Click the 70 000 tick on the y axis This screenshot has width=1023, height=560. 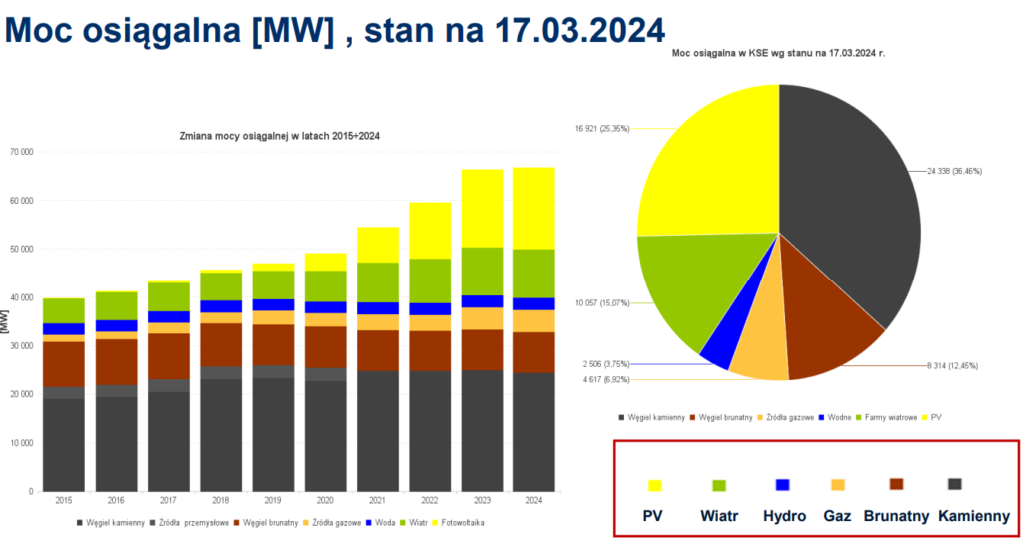pos(20,152)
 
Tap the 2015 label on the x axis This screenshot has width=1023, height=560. pos(63,501)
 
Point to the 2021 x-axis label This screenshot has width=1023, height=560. pos(377,501)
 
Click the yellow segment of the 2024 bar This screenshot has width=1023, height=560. pos(533,208)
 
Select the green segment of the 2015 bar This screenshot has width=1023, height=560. pos(63,310)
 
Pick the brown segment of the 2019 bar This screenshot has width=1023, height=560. pos(272,344)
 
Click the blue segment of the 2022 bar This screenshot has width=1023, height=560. pos(429,309)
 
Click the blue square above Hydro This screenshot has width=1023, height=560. pos(782,485)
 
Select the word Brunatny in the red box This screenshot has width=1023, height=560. pos(896,517)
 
